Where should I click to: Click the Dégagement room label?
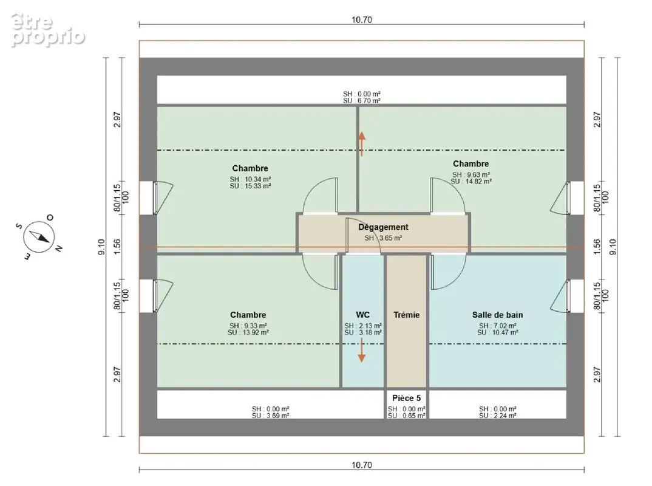coord(384,227)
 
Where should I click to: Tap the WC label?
coord(362,315)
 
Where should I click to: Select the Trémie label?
coord(406,315)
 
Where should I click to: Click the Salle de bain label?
coord(497,315)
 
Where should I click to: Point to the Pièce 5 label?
coord(406,398)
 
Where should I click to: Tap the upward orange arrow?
coord(362,144)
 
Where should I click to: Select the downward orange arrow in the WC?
coord(362,350)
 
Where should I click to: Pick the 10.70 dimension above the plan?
coord(361,19)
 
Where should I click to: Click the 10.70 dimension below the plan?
coord(361,465)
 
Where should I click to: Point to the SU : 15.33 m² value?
coord(250,186)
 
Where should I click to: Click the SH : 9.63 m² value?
coord(470,175)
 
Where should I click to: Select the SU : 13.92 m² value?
coord(248,332)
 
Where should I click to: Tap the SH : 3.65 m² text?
coord(383,238)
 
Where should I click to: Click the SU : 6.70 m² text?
coord(361,101)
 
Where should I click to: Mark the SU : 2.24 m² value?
coord(497,416)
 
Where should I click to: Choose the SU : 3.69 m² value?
coord(270,416)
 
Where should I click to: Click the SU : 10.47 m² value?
coord(497,332)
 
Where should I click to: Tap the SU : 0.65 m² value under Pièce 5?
coord(406,416)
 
